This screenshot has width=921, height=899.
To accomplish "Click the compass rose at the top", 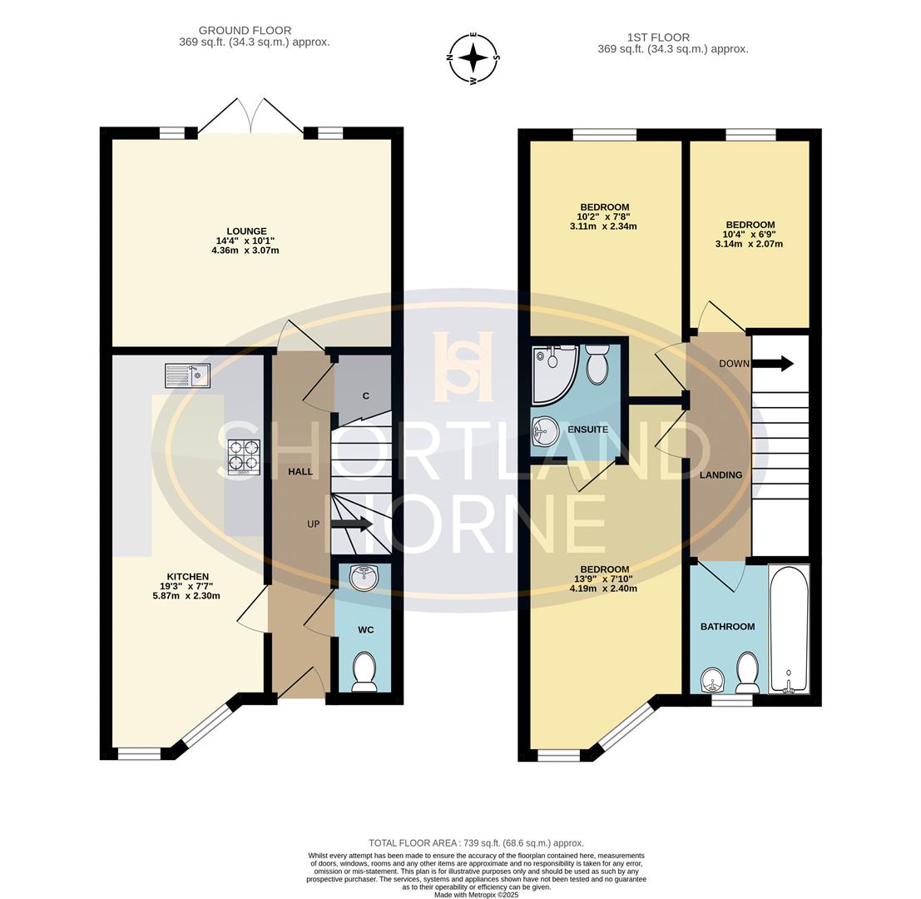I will pyautogui.click(x=474, y=58).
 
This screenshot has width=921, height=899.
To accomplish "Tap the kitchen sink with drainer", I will pyautogui.click(x=187, y=376).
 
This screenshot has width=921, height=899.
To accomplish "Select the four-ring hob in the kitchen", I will pyautogui.click(x=244, y=457).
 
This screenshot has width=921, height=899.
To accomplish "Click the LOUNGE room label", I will pyautogui.click(x=246, y=231).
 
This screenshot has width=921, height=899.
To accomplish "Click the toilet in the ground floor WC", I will pyautogui.click(x=364, y=671).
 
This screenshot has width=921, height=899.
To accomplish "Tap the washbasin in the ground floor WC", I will pyautogui.click(x=364, y=577).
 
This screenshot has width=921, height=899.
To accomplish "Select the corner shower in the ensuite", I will pyautogui.click(x=552, y=368).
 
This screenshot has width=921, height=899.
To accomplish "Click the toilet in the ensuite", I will pyautogui.click(x=597, y=365).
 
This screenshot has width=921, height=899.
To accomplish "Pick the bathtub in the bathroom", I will pyautogui.click(x=788, y=629).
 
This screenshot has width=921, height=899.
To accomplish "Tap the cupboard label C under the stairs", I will pyautogui.click(x=365, y=396).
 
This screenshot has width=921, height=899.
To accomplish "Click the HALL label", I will pyautogui.click(x=300, y=472).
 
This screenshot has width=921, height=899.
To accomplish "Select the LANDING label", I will pyautogui.click(x=720, y=474).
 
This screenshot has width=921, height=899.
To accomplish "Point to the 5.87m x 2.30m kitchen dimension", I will pyautogui.click(x=187, y=596).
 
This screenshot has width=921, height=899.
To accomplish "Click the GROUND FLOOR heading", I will pyautogui.click(x=245, y=31).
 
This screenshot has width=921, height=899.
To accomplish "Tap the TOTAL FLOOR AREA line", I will pyautogui.click(x=476, y=843).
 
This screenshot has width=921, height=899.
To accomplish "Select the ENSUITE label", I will pyautogui.click(x=587, y=430).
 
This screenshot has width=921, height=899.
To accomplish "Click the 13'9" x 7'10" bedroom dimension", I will pyautogui.click(x=604, y=579).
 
